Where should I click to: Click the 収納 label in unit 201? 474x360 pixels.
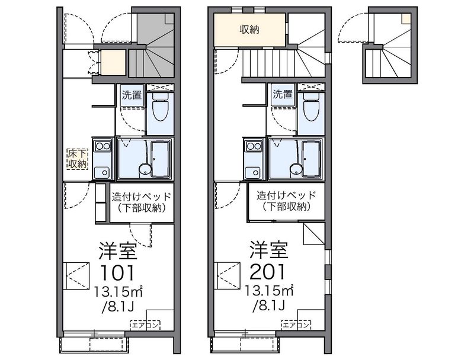click(x=249, y=30)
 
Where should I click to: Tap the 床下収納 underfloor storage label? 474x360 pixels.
click(x=78, y=159)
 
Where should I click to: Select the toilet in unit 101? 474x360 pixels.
click(x=160, y=107)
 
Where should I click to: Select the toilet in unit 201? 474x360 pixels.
click(x=311, y=107)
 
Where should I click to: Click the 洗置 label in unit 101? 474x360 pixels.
click(x=132, y=95)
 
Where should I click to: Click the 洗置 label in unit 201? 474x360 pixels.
click(x=283, y=95)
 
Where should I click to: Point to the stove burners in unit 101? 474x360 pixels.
click(x=103, y=146)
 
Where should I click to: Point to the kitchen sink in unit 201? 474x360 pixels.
click(x=254, y=172)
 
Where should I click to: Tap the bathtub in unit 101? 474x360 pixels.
click(x=159, y=159)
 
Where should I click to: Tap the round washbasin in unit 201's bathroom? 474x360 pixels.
click(x=296, y=170)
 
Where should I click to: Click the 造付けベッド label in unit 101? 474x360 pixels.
click(x=142, y=197)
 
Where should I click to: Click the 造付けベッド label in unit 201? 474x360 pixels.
click(x=286, y=195)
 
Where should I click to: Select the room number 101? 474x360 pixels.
click(x=117, y=273)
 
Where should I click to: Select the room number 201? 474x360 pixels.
click(x=268, y=272)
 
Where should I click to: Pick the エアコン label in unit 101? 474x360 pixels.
click(x=145, y=325)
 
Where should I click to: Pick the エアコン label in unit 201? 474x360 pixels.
click(x=296, y=325)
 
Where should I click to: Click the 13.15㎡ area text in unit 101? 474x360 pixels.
click(x=118, y=291)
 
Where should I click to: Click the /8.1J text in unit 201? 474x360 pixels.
click(x=269, y=306)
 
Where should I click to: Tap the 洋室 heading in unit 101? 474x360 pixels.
click(x=118, y=250)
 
